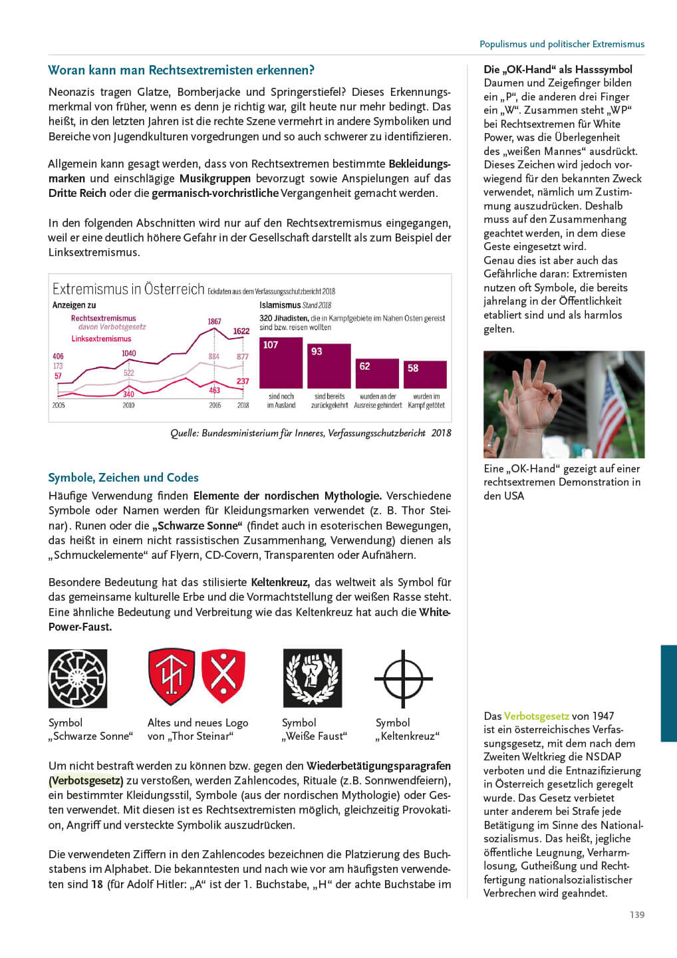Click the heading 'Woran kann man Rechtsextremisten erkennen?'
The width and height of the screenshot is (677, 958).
[181, 71]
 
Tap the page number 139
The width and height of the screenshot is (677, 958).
[637, 915]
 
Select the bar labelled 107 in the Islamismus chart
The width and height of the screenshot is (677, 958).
[281, 363]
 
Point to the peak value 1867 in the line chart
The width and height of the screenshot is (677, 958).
[214, 321]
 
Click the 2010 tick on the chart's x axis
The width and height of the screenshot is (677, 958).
[128, 405]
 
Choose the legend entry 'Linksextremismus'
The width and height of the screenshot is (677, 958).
[101, 339]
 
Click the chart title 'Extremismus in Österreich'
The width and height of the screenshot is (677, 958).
[128, 289]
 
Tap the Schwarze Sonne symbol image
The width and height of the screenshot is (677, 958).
[78, 679]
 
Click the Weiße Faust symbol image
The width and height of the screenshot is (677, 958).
[313, 678]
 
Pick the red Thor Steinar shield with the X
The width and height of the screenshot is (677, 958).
[223, 676]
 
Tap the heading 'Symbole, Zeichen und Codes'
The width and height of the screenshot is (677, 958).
[123, 478]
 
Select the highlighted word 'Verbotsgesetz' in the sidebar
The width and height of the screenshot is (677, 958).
[536, 717]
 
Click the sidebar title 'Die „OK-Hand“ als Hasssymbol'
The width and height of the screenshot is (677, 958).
[558, 69]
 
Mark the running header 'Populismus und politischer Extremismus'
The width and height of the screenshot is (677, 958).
[562, 44]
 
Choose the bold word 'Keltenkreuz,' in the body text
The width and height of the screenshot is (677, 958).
[280, 582]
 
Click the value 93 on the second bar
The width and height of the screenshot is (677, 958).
[317, 351]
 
